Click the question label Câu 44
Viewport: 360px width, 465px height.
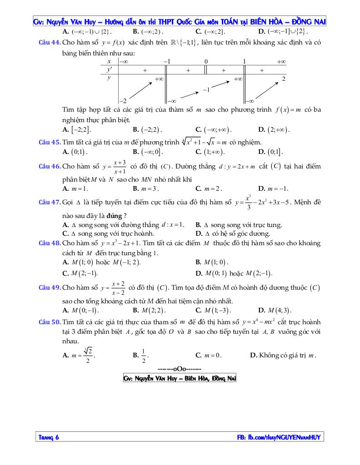click(50, 43)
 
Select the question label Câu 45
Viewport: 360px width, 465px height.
click(50, 142)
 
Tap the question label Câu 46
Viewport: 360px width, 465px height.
click(50, 167)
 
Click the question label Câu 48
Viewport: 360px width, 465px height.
click(50, 243)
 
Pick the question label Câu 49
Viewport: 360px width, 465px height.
click(50, 287)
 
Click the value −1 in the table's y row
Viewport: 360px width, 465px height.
click(206, 90)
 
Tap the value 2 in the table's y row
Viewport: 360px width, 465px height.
click(283, 79)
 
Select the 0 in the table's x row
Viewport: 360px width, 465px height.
click(206, 61)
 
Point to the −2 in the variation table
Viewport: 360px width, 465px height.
click(122, 100)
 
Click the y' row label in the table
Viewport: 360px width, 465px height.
click(109, 70)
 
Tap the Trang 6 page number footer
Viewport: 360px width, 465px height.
click(49, 437)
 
